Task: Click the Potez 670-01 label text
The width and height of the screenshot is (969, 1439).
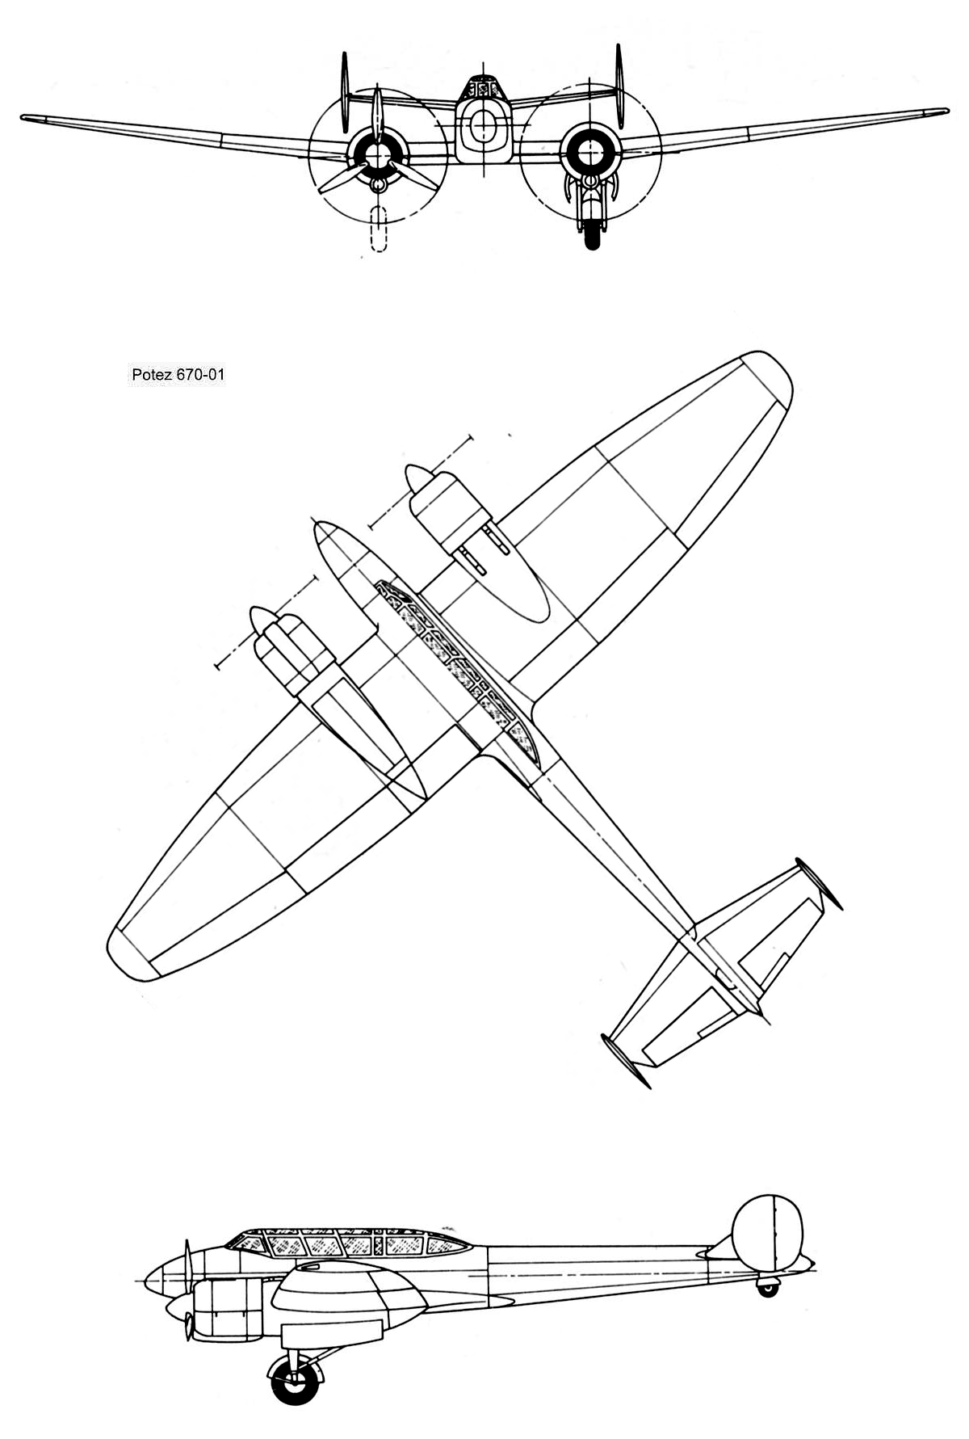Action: click(178, 375)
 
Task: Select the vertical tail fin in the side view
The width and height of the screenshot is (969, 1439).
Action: click(767, 1236)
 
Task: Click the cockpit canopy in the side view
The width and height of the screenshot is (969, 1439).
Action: click(347, 1244)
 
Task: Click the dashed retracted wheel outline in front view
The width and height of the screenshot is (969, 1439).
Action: click(377, 229)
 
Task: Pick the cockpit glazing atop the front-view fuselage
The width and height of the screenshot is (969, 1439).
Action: click(482, 87)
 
